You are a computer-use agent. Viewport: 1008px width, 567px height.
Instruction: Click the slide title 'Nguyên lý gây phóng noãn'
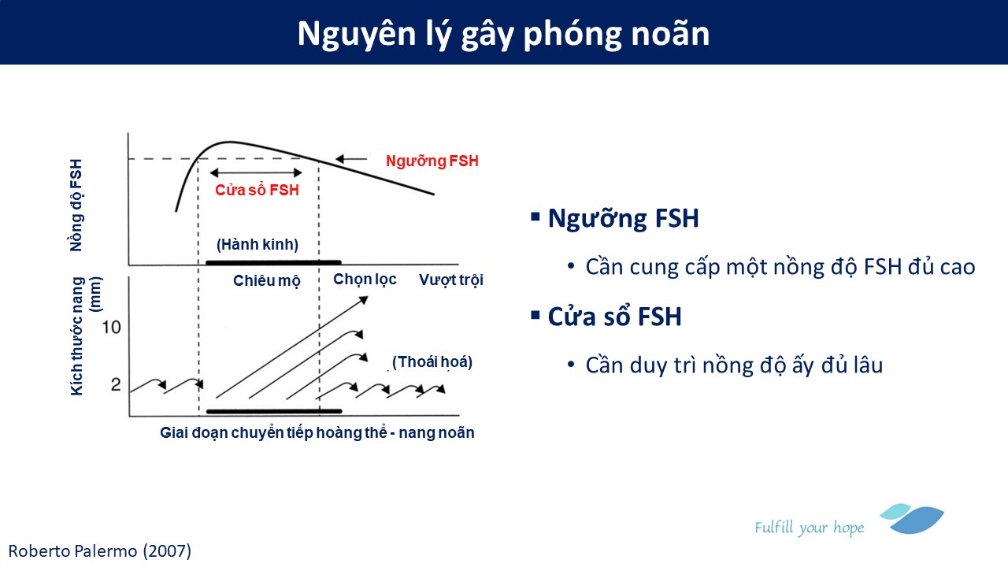pos(503,34)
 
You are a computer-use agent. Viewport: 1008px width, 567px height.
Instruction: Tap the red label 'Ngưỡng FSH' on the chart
pos(432,161)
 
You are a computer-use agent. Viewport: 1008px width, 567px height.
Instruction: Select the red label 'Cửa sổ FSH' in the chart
pos(257,190)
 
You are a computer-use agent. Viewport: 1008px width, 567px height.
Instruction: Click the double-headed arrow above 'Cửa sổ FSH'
pos(256,172)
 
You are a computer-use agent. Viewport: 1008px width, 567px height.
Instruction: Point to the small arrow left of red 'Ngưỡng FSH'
pos(351,158)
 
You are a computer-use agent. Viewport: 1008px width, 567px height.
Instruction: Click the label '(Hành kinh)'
pos(258,244)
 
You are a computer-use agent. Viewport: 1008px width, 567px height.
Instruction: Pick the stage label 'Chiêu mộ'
pos(267,281)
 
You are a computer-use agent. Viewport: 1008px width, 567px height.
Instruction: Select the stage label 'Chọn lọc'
pos(365,279)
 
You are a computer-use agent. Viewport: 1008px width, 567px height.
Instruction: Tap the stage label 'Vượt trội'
pos(451,280)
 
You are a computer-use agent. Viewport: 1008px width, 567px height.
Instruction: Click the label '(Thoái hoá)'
pos(432,361)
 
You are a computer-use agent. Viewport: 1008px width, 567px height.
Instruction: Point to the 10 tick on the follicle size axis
pos(111,327)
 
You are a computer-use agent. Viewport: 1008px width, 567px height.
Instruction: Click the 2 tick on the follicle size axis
pos(116,385)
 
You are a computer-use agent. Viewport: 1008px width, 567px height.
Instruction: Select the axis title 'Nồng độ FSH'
pos(76,206)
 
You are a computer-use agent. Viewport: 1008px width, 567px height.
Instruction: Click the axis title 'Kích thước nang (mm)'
pos(86,336)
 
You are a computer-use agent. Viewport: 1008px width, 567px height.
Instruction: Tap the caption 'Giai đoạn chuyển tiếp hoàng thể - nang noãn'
pos(317,432)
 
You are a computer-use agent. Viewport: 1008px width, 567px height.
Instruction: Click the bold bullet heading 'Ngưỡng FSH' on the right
pos(623,218)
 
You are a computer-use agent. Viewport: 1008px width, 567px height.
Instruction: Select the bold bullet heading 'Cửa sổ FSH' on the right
pos(615,317)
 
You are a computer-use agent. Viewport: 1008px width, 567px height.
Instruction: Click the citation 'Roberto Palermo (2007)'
pos(100,550)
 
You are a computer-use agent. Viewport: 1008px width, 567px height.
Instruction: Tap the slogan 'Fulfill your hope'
pos(809,528)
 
